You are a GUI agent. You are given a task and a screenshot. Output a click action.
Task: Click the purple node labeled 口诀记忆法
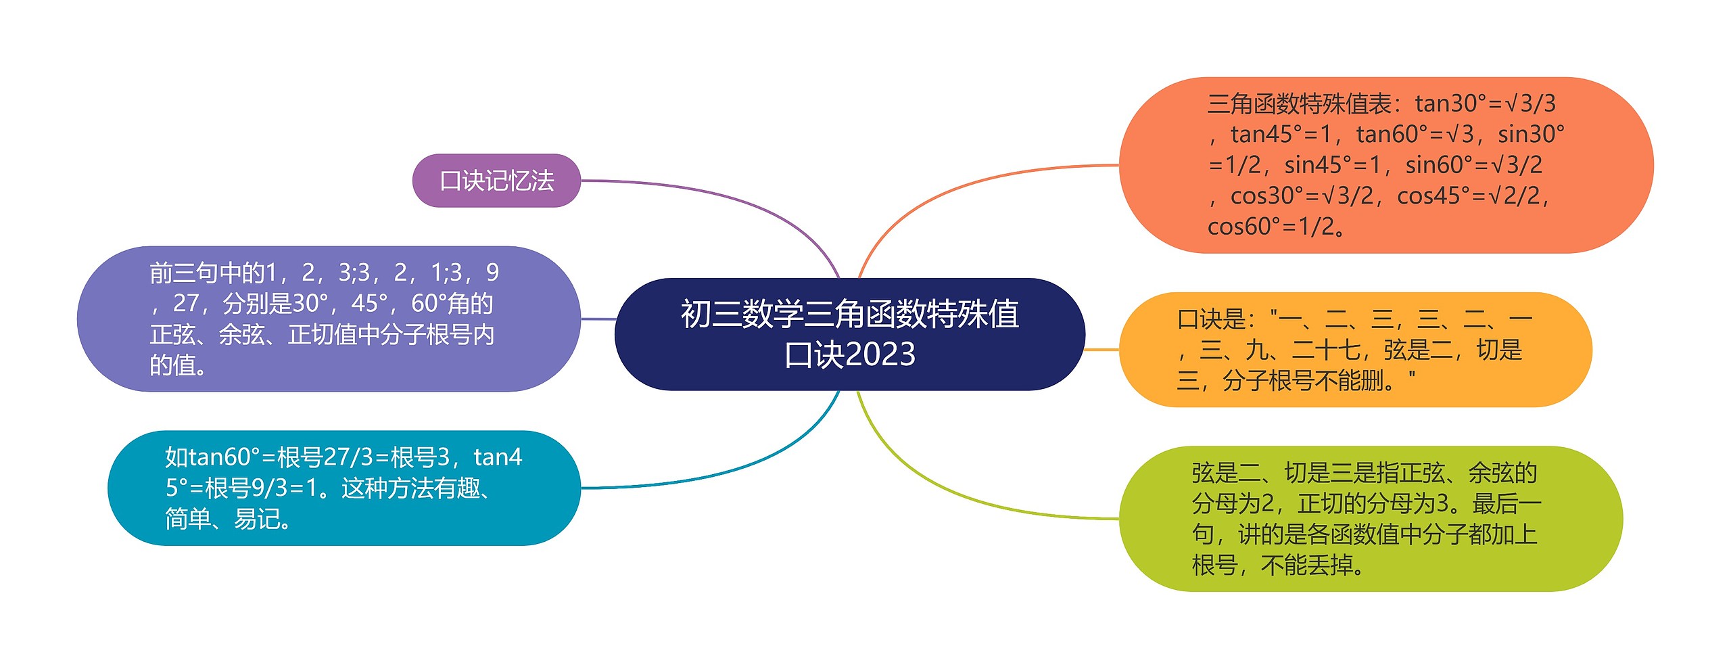[x=496, y=181]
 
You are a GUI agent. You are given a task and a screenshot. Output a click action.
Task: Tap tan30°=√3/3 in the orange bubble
[x=1485, y=103]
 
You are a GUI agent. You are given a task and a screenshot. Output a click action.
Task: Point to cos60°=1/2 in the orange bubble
[x=1271, y=227]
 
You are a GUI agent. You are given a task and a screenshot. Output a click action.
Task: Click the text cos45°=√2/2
[x=1472, y=196]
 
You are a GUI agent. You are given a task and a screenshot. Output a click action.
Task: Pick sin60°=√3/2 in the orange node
[x=1473, y=165]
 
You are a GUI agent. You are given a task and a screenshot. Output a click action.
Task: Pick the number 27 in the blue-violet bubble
[x=186, y=304]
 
